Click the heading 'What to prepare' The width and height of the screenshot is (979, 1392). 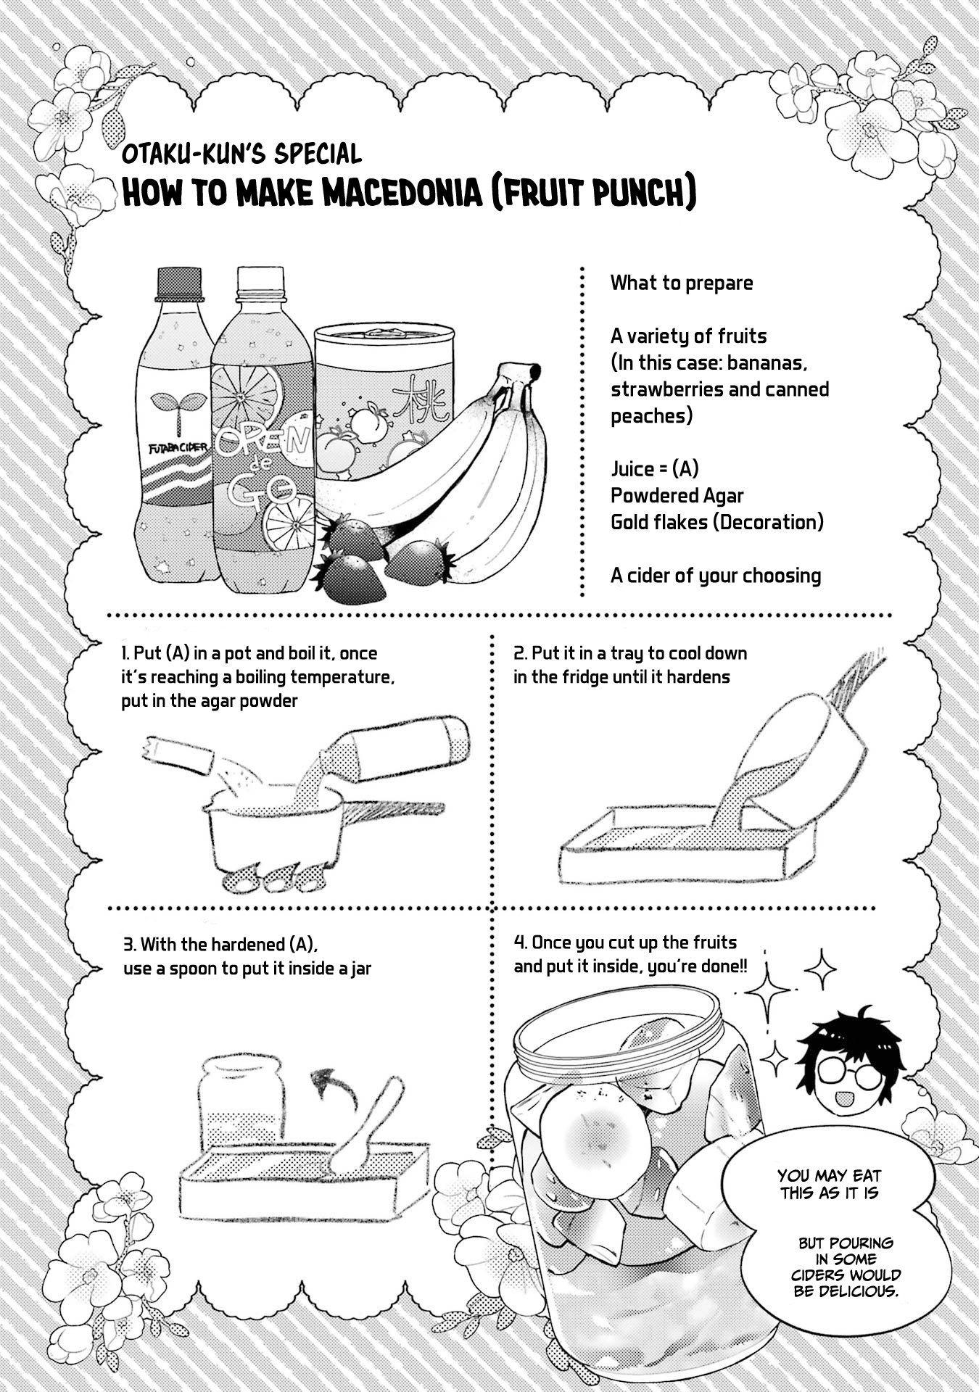pos(682,283)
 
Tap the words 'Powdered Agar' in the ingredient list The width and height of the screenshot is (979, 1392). pos(677,496)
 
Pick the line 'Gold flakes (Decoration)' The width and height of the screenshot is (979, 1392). pos(717,522)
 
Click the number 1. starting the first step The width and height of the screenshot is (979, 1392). pos(126,653)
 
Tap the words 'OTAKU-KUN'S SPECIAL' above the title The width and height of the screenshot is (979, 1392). pos(241,154)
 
